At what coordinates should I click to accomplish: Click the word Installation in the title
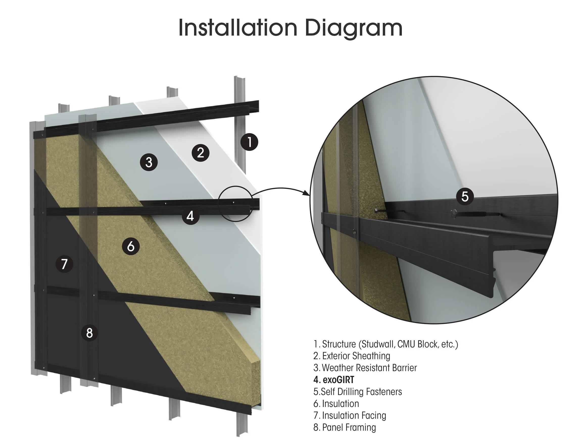click(237, 28)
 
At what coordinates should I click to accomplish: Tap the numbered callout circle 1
click(249, 142)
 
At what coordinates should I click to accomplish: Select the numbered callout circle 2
click(201, 153)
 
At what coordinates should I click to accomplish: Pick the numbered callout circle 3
click(149, 162)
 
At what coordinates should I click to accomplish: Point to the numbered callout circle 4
click(190, 216)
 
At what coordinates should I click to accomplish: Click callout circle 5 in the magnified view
click(465, 196)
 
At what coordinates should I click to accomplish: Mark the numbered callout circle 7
click(64, 264)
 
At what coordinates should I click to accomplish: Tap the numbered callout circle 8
click(89, 333)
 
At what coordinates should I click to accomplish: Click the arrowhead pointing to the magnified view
click(307, 193)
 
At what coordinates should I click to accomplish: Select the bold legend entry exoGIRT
click(334, 380)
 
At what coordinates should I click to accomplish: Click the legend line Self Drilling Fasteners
click(358, 392)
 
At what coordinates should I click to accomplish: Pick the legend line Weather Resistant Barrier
click(365, 368)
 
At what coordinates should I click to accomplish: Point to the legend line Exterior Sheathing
click(352, 356)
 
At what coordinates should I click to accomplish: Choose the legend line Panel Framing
click(345, 427)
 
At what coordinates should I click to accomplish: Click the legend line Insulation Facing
click(350, 415)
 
